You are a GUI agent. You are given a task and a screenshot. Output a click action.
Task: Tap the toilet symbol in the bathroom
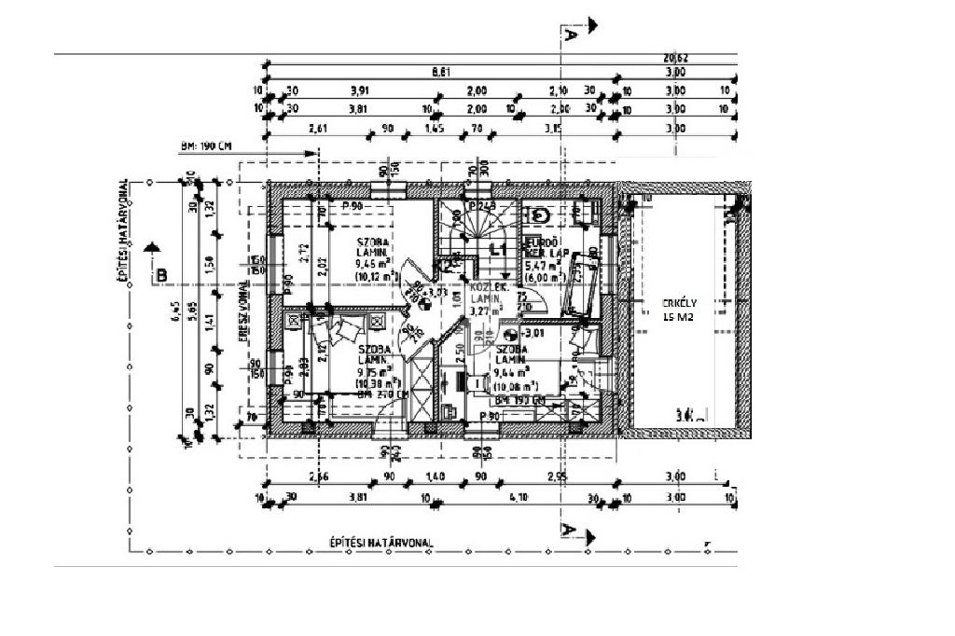540,215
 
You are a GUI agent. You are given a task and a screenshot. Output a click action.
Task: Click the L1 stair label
498,250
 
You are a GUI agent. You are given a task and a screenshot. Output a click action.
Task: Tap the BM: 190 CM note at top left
207,147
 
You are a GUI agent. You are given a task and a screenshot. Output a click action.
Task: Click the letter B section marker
161,275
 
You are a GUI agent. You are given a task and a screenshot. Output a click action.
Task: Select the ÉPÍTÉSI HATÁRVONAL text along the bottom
381,542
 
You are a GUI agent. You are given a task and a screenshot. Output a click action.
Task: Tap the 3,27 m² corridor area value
485,310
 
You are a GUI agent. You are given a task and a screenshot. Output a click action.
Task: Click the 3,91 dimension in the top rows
359,90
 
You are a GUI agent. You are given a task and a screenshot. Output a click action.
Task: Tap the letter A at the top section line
569,35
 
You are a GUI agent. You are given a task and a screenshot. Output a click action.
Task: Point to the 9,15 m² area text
373,370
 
